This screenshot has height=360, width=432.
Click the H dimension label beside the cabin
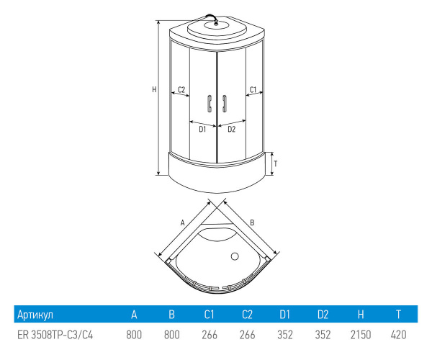153,90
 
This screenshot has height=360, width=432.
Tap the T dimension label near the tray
276,163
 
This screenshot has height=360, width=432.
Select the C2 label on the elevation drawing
181,89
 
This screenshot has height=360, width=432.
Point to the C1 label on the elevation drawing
253,89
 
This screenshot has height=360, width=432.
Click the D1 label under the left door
203,130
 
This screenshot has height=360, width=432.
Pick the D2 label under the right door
231,130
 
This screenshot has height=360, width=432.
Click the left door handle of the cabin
209,104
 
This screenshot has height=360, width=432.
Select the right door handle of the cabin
224,104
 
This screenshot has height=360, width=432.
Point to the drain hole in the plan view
234,256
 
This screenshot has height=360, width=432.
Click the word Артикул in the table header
35,315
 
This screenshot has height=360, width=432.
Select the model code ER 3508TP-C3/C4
55,335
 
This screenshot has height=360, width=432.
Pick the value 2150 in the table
360,335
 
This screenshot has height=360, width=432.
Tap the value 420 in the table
398,335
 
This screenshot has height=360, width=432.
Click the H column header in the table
360,315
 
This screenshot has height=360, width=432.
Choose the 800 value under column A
133,335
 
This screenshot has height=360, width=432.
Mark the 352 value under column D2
323,335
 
